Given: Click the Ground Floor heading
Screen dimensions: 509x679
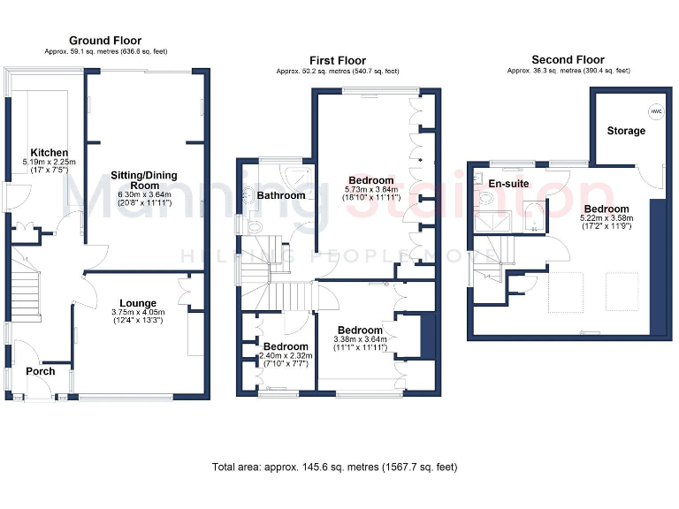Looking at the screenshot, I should pos(104,41).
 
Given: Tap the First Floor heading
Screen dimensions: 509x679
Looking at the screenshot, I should pos(337,59).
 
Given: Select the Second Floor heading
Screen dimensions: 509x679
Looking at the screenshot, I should pos(568,60).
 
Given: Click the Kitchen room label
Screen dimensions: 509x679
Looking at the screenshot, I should pos(50,153).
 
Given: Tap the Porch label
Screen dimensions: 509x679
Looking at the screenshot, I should pos(40,371).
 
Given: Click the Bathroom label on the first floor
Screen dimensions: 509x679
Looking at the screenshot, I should pos(281,195).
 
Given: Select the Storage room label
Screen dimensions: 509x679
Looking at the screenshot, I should pos(626,131).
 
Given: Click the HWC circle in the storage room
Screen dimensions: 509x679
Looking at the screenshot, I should pos(655,112).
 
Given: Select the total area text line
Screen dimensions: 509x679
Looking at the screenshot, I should pos(334,467).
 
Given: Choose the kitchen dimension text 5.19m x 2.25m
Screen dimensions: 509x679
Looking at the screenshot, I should pos(50,163).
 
